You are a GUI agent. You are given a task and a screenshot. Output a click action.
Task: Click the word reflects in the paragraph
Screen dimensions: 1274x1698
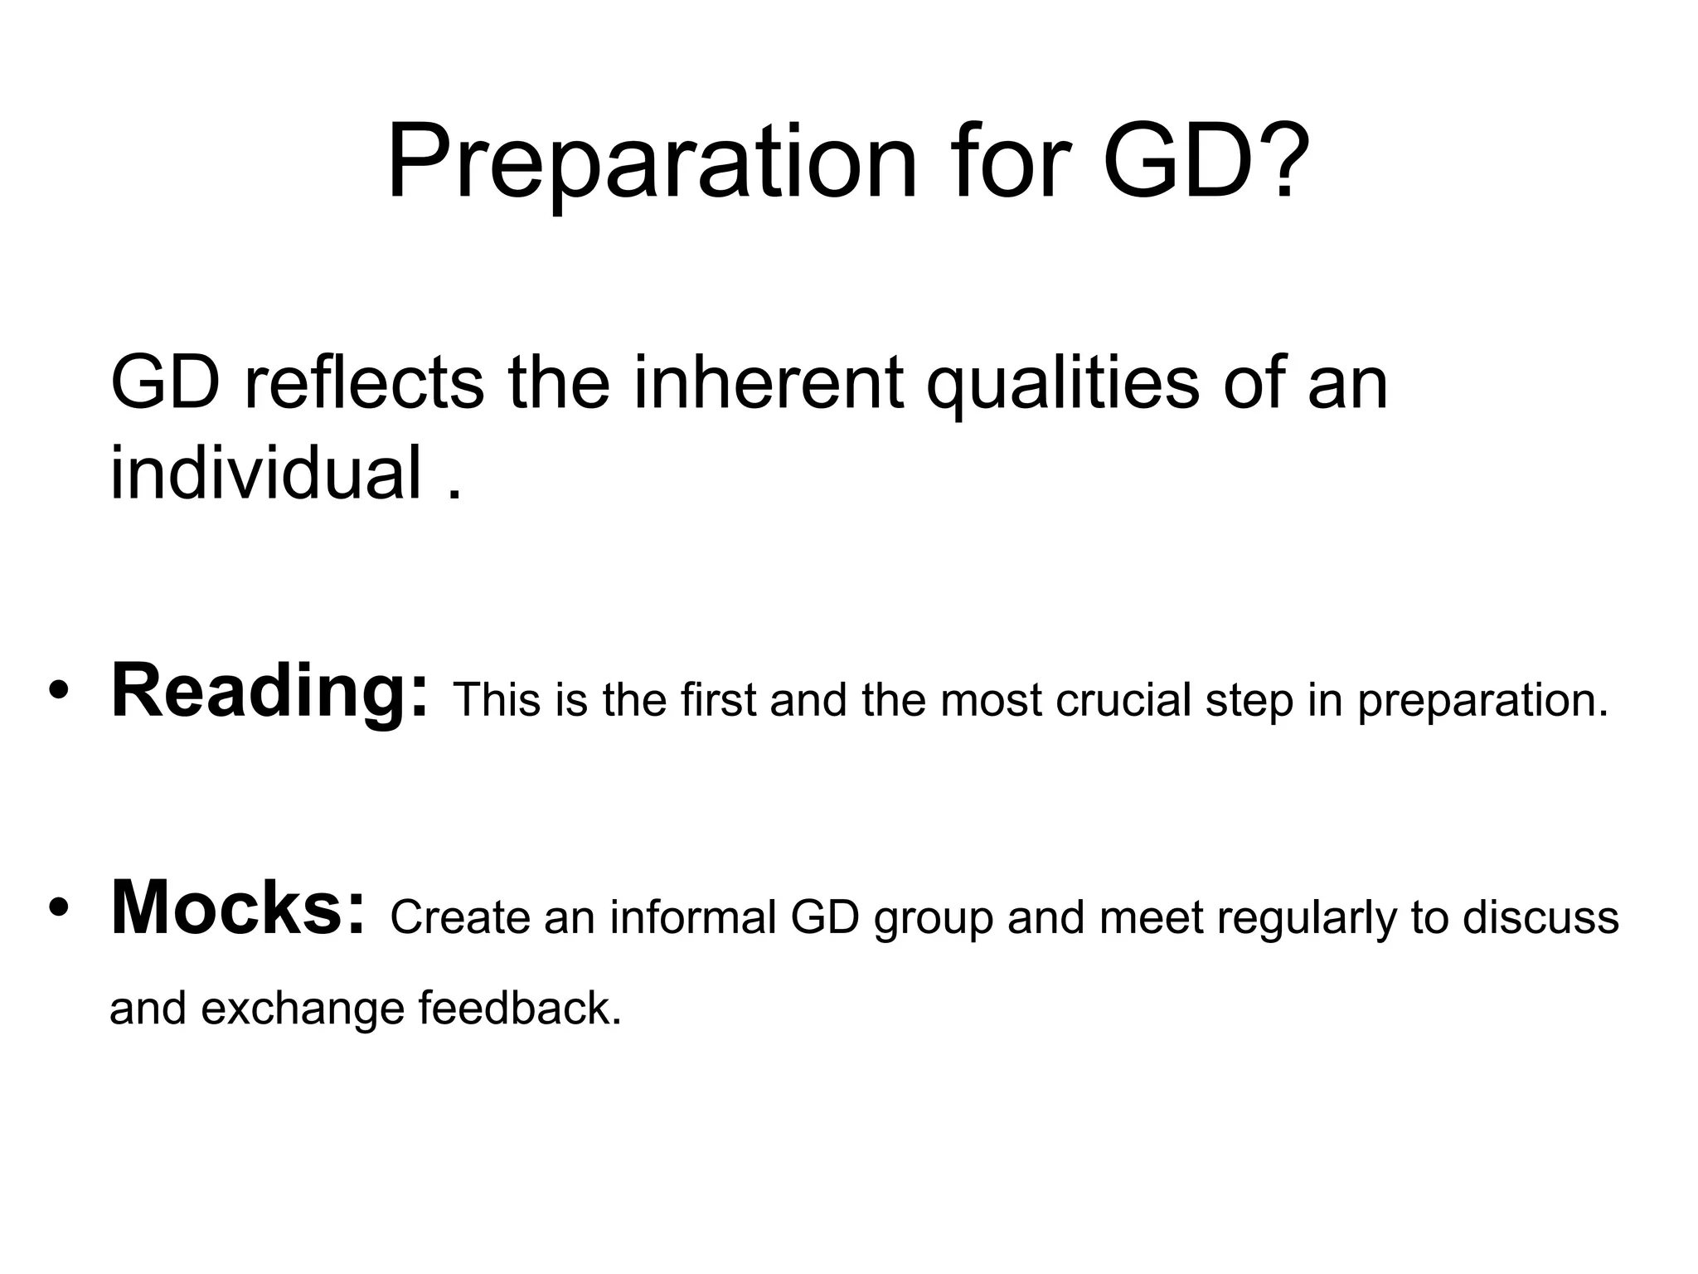coord(364,382)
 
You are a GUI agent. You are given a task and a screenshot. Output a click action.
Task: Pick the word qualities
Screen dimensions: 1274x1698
coord(1062,382)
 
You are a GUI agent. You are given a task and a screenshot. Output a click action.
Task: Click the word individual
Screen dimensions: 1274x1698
coord(266,473)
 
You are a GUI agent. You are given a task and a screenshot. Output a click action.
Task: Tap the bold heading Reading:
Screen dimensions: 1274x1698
coord(270,692)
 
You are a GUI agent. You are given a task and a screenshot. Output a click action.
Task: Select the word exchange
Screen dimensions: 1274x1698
coord(302,1009)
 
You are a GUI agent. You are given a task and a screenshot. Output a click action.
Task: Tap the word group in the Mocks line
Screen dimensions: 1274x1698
coord(934,919)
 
